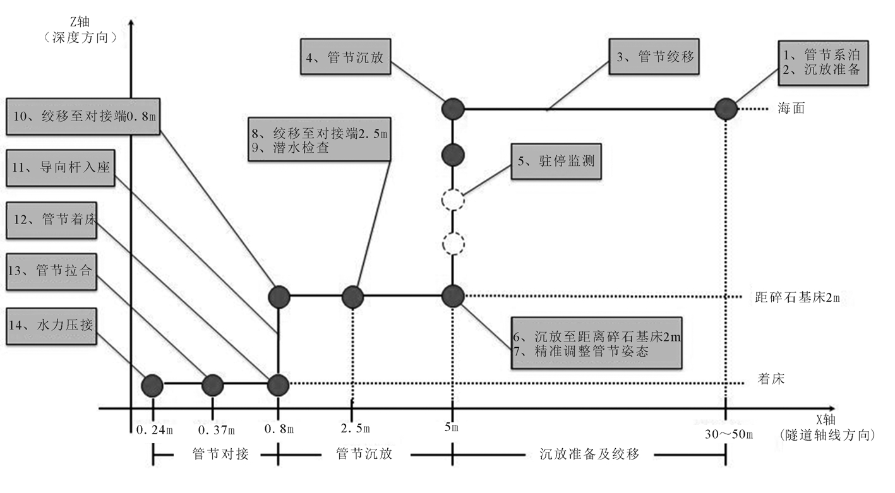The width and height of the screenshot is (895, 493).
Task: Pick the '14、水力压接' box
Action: pos(52,326)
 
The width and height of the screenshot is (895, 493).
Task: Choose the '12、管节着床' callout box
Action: pos(52,220)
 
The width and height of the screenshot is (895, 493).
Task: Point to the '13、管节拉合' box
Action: pos(52,272)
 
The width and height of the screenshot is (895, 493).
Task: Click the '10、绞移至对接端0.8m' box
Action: pos(83,116)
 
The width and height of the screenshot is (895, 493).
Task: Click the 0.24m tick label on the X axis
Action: pos(154,430)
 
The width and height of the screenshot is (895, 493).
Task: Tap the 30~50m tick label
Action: pos(726,434)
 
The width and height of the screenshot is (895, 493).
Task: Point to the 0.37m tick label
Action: pos(216,430)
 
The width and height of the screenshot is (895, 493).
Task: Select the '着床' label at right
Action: pos(771,379)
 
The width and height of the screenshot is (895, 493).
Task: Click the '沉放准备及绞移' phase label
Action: pos(589,454)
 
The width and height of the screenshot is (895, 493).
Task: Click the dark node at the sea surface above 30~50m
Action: pos(726,109)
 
